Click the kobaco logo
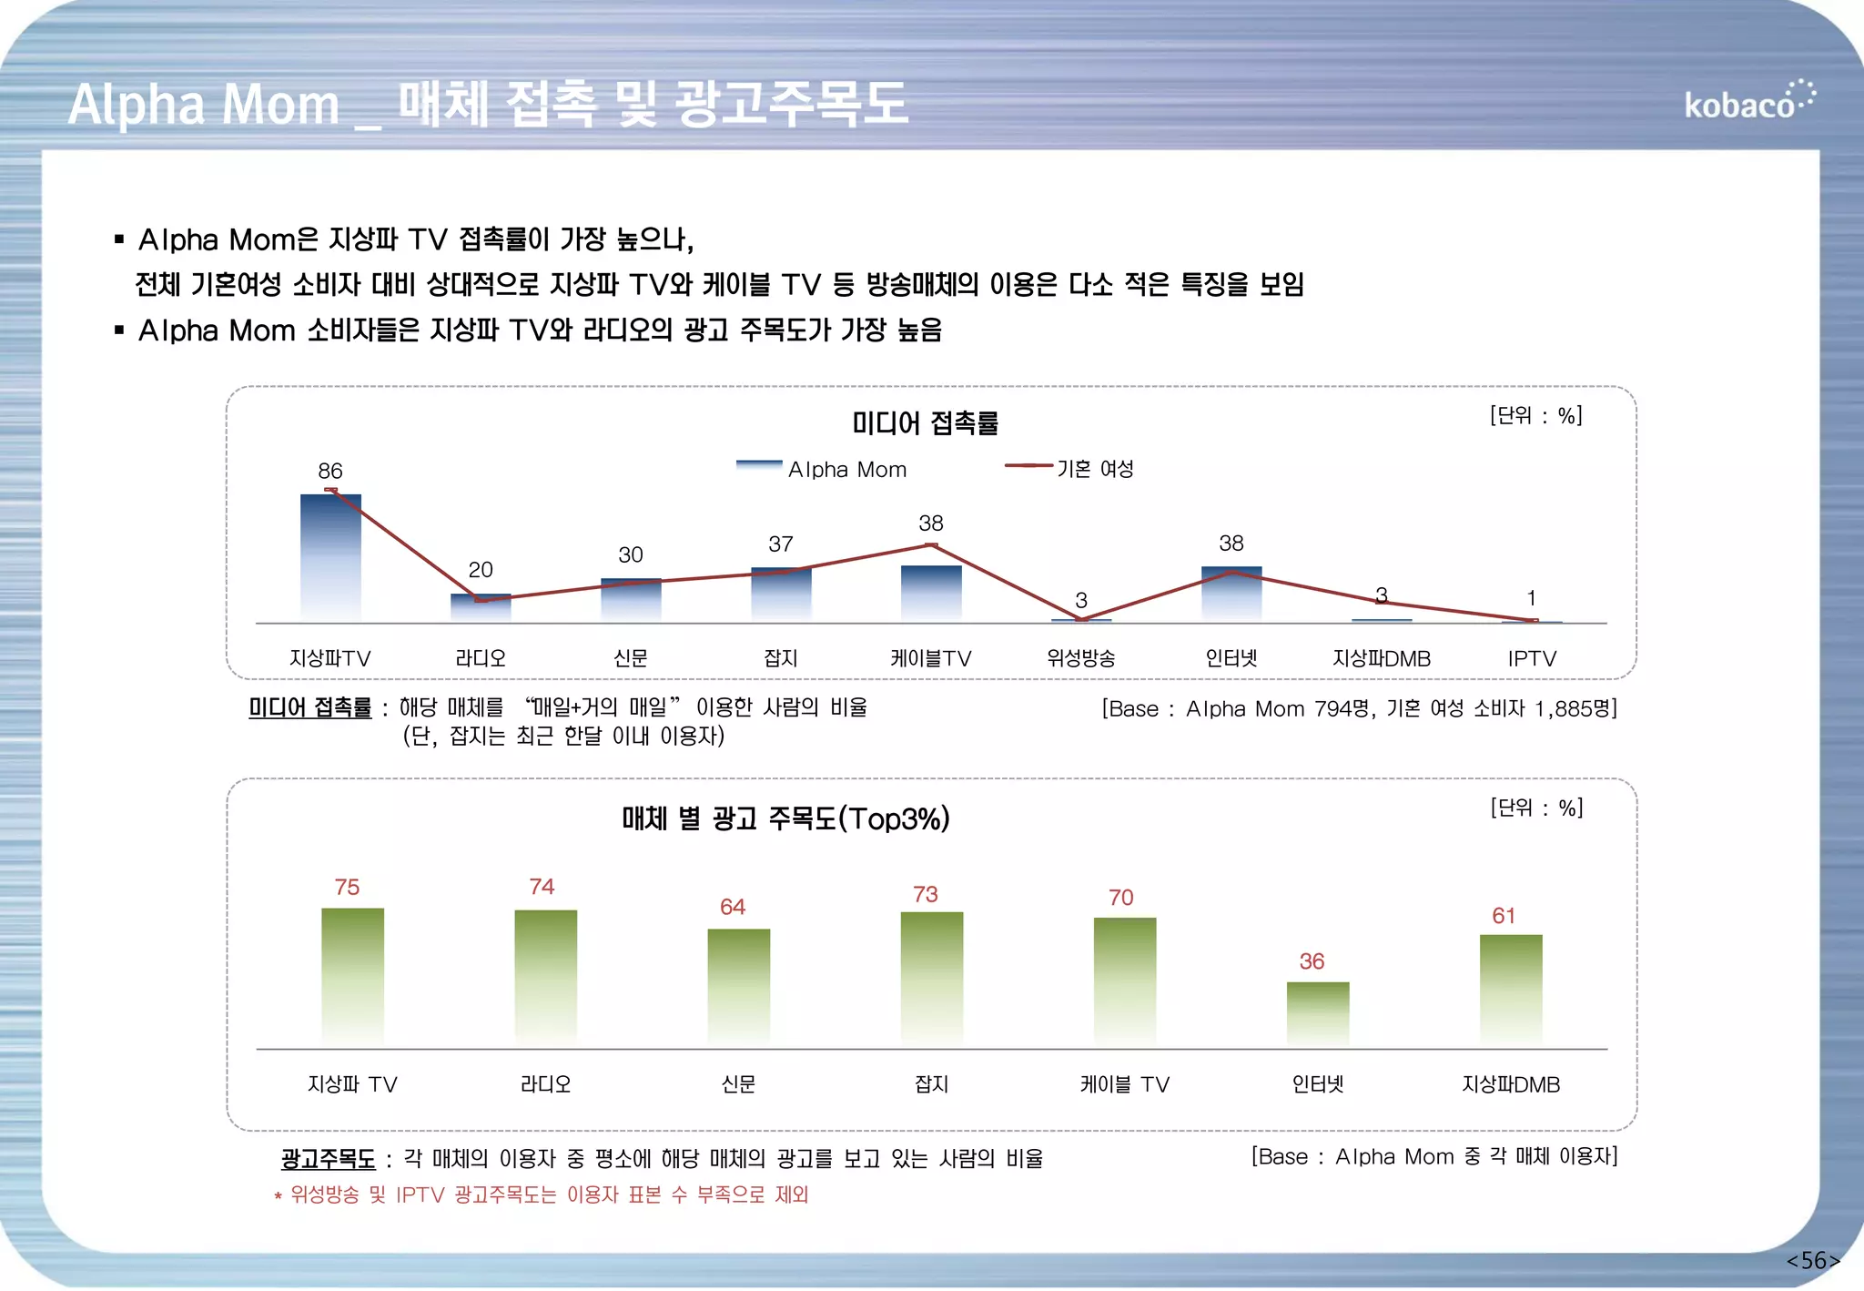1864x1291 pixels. pos(1747,102)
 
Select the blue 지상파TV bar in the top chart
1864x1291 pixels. pos(330,557)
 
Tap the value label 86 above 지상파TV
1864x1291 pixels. pos(329,471)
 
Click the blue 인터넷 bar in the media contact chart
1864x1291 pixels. pos(1231,594)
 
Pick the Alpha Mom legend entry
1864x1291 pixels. pos(823,469)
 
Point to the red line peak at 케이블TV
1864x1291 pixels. pos(931,545)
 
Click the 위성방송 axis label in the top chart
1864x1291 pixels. pos(1080,658)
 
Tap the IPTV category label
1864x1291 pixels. pos(1532,658)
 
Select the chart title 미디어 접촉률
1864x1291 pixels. pos(925,423)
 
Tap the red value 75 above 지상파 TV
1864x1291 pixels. pos(347,887)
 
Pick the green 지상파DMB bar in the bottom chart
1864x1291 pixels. pos(1510,991)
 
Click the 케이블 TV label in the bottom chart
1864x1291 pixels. pos(1124,1084)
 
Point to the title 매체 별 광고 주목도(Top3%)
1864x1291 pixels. pos(785,818)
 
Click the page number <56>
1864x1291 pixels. pos(1812,1260)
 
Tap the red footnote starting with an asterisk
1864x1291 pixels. pos(542,1194)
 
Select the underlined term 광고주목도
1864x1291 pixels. pos(328,1159)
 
